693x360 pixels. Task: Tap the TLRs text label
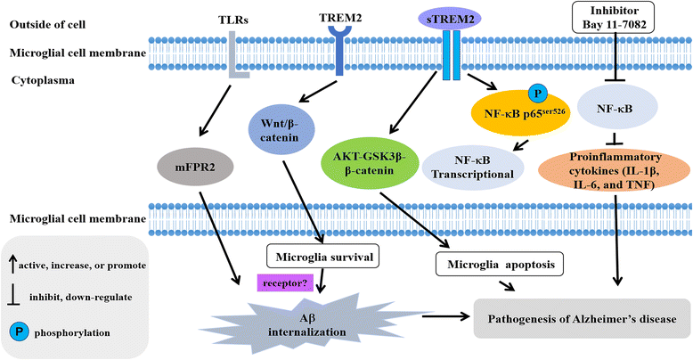[234, 18]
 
